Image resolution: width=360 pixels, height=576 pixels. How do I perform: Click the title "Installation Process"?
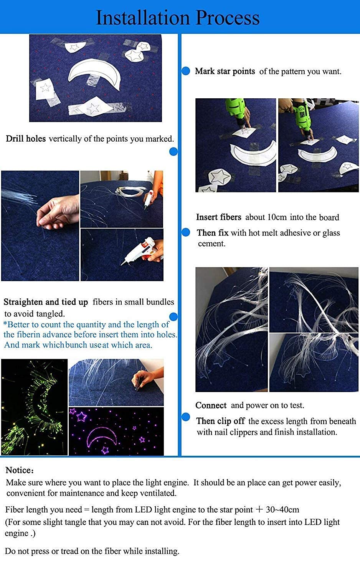pos(178,18)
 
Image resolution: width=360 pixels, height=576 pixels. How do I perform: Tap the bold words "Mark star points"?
pos(225,71)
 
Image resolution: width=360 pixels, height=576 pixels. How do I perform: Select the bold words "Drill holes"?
pos(26,139)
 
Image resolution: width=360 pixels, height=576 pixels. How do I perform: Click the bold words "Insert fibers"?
pos(219,217)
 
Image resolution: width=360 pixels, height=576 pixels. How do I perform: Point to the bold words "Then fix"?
pos(213,233)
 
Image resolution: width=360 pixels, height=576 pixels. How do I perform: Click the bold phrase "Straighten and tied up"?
pos(46,302)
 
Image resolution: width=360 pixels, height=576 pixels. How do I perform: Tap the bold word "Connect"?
pos(211,405)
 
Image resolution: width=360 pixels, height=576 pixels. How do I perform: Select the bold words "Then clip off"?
pos(220,421)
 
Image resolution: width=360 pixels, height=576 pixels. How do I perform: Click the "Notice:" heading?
pos(20,470)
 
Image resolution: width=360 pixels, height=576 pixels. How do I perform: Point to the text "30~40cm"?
pos(282,510)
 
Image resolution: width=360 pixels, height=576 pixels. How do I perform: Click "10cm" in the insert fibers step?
pos(277,217)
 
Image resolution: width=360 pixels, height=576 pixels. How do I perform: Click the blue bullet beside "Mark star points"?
pos(186,71)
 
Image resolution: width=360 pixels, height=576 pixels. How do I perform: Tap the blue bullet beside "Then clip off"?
pos(186,417)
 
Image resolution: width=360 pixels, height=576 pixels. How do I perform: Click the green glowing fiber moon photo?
pos(35,407)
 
